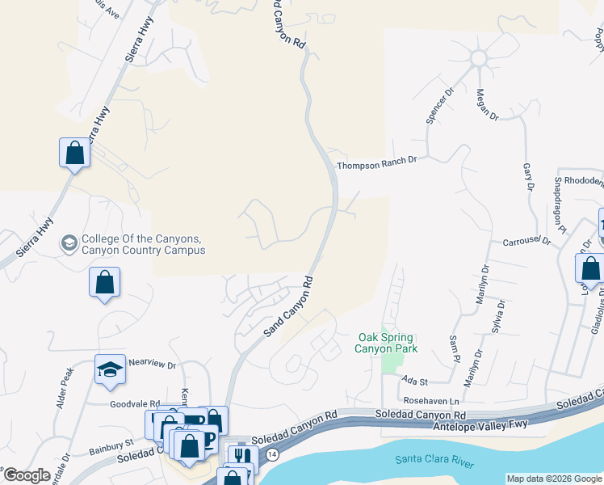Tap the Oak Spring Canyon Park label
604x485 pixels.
coord(386,343)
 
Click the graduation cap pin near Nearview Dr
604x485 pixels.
coord(110,369)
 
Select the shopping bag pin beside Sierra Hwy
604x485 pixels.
coord(74,152)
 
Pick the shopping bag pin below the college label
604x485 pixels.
coord(104,282)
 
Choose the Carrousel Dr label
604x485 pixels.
coord(526,242)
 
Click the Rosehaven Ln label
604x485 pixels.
coord(431,401)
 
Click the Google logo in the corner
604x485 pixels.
coord(27,475)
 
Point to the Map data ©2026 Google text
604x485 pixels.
coord(553,479)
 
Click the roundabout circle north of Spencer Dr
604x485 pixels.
coord(478,58)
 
